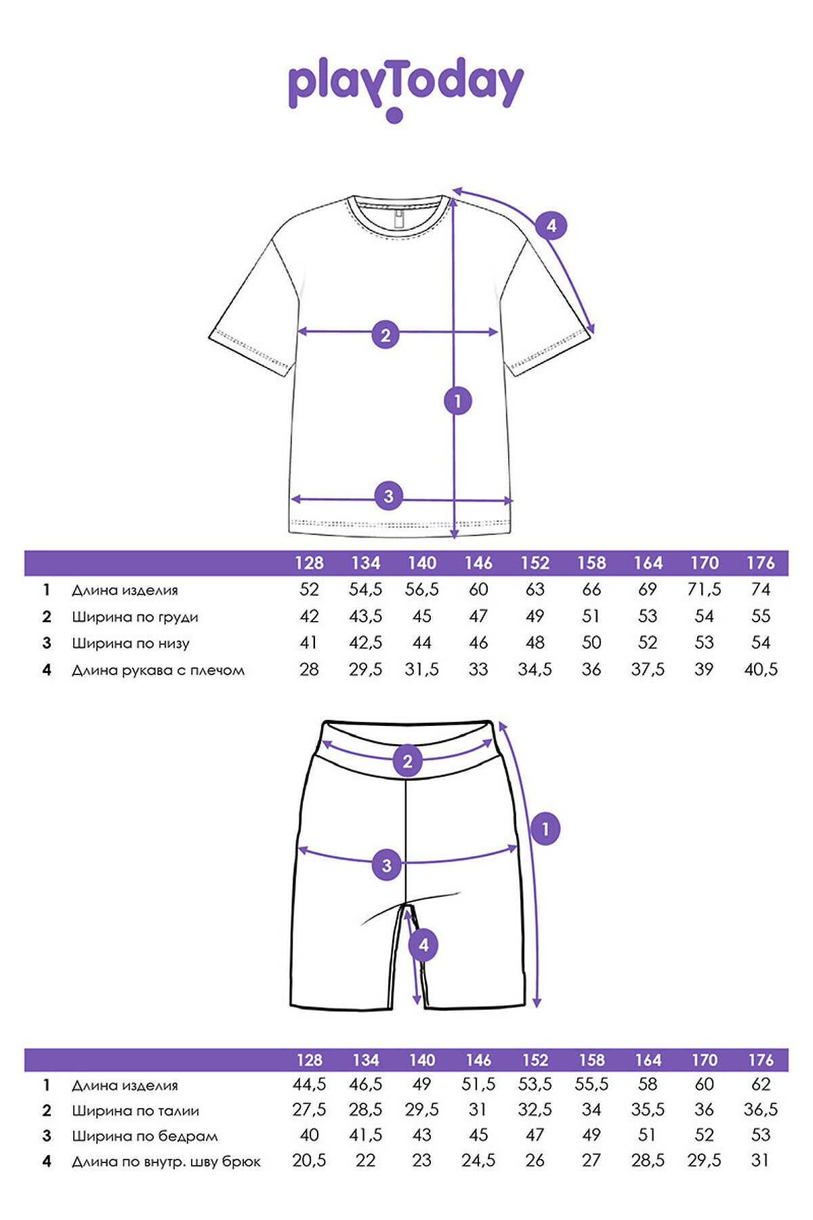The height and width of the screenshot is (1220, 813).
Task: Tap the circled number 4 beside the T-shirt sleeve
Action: (x=551, y=225)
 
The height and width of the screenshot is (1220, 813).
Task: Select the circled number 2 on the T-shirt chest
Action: (x=385, y=334)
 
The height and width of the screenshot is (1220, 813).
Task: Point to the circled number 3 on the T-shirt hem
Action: (x=388, y=496)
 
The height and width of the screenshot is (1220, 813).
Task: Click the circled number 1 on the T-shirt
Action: (x=457, y=401)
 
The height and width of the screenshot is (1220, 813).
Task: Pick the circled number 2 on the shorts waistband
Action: (x=407, y=760)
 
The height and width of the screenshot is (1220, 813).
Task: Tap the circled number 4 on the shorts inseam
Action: (x=423, y=945)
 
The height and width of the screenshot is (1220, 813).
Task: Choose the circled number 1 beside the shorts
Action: (x=545, y=828)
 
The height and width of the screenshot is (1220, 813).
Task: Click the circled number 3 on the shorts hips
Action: (x=386, y=865)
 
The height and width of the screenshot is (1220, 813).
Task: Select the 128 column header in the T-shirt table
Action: (x=309, y=563)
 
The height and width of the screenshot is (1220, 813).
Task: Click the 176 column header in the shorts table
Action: (x=760, y=1059)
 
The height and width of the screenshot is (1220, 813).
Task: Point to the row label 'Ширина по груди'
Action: (x=135, y=617)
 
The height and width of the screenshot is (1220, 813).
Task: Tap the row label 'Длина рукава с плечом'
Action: (x=158, y=670)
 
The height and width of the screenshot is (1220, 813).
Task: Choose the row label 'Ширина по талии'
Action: (x=135, y=1110)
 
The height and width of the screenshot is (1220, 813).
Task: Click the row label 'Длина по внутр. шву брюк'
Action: (x=166, y=1162)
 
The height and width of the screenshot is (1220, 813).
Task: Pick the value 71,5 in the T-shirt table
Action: (x=704, y=590)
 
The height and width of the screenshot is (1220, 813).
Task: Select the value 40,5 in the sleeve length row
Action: (x=760, y=670)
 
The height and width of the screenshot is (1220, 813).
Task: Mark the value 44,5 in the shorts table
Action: (x=309, y=1084)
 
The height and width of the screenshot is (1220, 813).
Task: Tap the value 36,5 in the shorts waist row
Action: (x=760, y=1110)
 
